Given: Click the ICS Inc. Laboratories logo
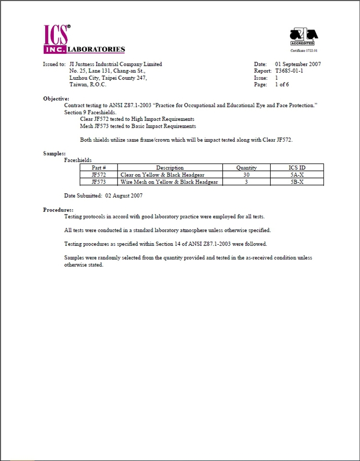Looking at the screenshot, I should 84,39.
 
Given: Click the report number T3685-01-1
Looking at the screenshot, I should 289,71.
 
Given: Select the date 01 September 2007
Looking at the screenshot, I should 298,64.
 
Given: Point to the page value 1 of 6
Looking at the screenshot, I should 282,84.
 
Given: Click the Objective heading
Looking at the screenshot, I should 56,98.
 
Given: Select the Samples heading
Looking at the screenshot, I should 54,154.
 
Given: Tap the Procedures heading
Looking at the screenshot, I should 58,210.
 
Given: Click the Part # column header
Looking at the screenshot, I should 98,168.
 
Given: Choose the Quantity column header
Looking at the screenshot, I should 246,168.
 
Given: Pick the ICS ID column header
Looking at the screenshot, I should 297,168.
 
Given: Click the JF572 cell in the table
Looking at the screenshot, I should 98,175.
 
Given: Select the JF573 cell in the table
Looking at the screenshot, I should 98,182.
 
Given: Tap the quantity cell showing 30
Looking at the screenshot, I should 246,175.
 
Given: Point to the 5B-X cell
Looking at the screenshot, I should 297,182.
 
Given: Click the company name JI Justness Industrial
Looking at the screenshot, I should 116,64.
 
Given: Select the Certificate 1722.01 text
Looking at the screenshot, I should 304,50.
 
